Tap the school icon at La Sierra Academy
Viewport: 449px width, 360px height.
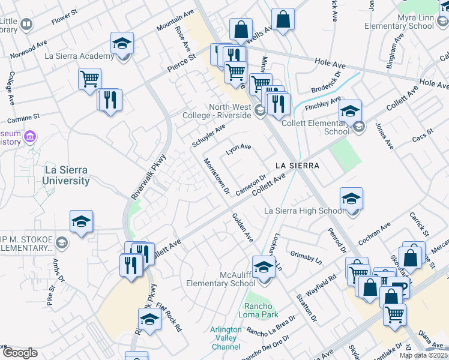click(x=122, y=44)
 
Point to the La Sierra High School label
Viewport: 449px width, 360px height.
click(x=304, y=211)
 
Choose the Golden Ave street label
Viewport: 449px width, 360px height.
click(x=243, y=228)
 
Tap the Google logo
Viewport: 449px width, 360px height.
click(x=20, y=352)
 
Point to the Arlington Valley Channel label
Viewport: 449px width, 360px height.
click(x=226, y=338)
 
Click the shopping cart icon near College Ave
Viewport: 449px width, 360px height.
click(x=89, y=79)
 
